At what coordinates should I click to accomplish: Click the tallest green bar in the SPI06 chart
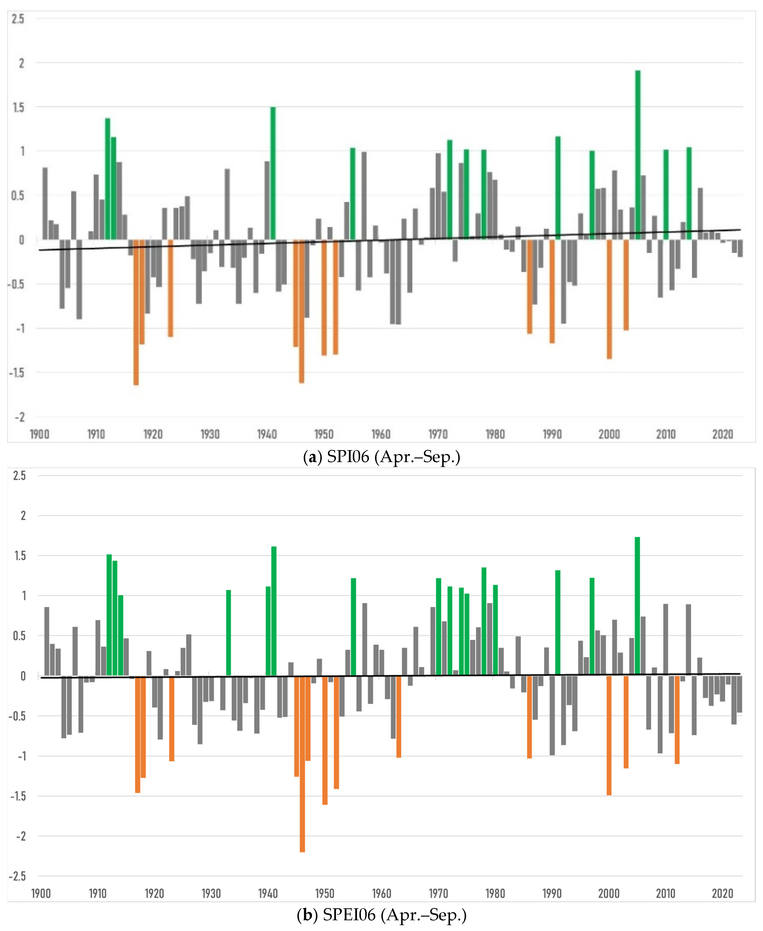pyautogui.click(x=638, y=155)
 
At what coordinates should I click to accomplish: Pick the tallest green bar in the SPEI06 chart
pyautogui.click(x=637, y=606)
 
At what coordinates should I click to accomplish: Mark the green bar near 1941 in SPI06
pyautogui.click(x=273, y=173)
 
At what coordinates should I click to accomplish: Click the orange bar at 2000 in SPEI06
pyautogui.click(x=609, y=735)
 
